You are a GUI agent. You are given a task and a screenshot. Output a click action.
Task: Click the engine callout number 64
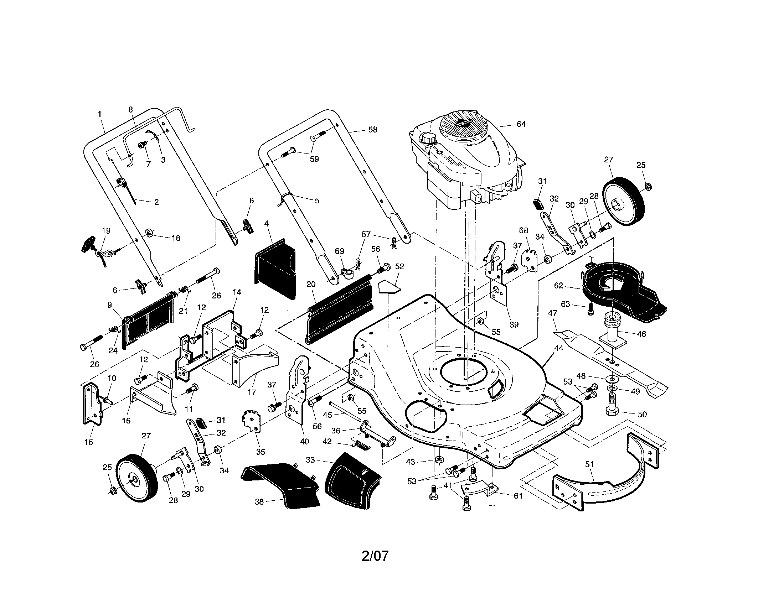[521, 124]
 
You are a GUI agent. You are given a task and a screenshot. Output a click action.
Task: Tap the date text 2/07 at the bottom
[375, 556]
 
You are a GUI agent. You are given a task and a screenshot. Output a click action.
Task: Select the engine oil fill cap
[428, 138]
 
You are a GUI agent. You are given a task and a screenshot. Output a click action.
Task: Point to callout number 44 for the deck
[558, 348]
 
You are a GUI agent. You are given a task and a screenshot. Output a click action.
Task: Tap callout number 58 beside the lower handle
[373, 130]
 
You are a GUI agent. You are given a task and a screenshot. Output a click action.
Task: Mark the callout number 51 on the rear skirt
[589, 464]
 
